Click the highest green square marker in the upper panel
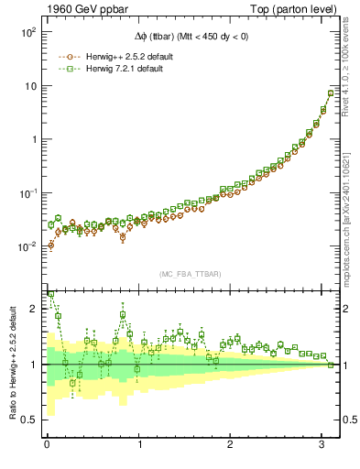click(x=331, y=93)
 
